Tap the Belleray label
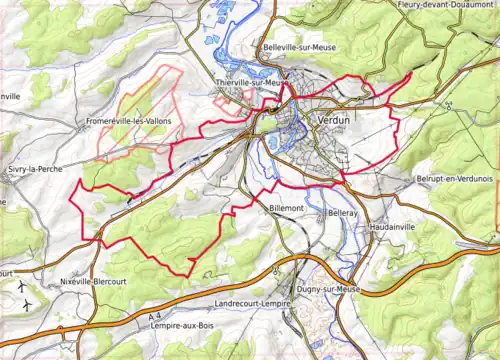(x=342, y=214)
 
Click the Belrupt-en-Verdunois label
(x=453, y=178)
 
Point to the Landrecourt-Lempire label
(x=261, y=303)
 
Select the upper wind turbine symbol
(x=22, y=284)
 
